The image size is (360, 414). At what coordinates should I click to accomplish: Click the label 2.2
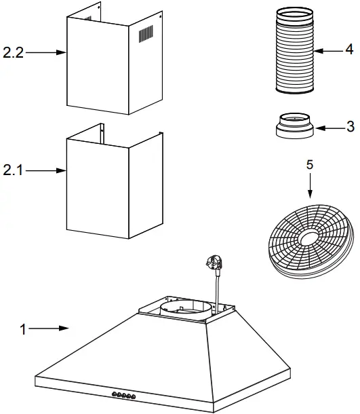(13, 52)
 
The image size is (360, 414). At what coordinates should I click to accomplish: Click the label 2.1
(13, 171)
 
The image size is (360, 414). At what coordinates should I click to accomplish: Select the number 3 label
(350, 127)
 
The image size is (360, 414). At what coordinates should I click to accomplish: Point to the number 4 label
(348, 50)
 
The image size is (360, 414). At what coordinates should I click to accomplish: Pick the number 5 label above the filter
(310, 164)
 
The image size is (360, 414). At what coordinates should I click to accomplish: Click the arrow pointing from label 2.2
(45, 52)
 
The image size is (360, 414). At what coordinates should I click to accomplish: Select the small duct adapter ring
(294, 126)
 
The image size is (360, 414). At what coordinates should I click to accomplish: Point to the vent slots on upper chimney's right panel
(146, 35)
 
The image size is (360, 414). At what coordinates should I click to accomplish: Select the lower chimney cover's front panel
(95, 193)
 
